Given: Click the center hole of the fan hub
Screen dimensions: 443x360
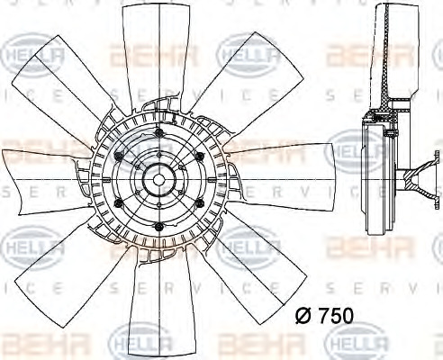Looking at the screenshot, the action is tap(158, 180).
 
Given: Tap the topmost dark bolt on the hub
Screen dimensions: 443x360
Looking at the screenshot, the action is tap(158, 133).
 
